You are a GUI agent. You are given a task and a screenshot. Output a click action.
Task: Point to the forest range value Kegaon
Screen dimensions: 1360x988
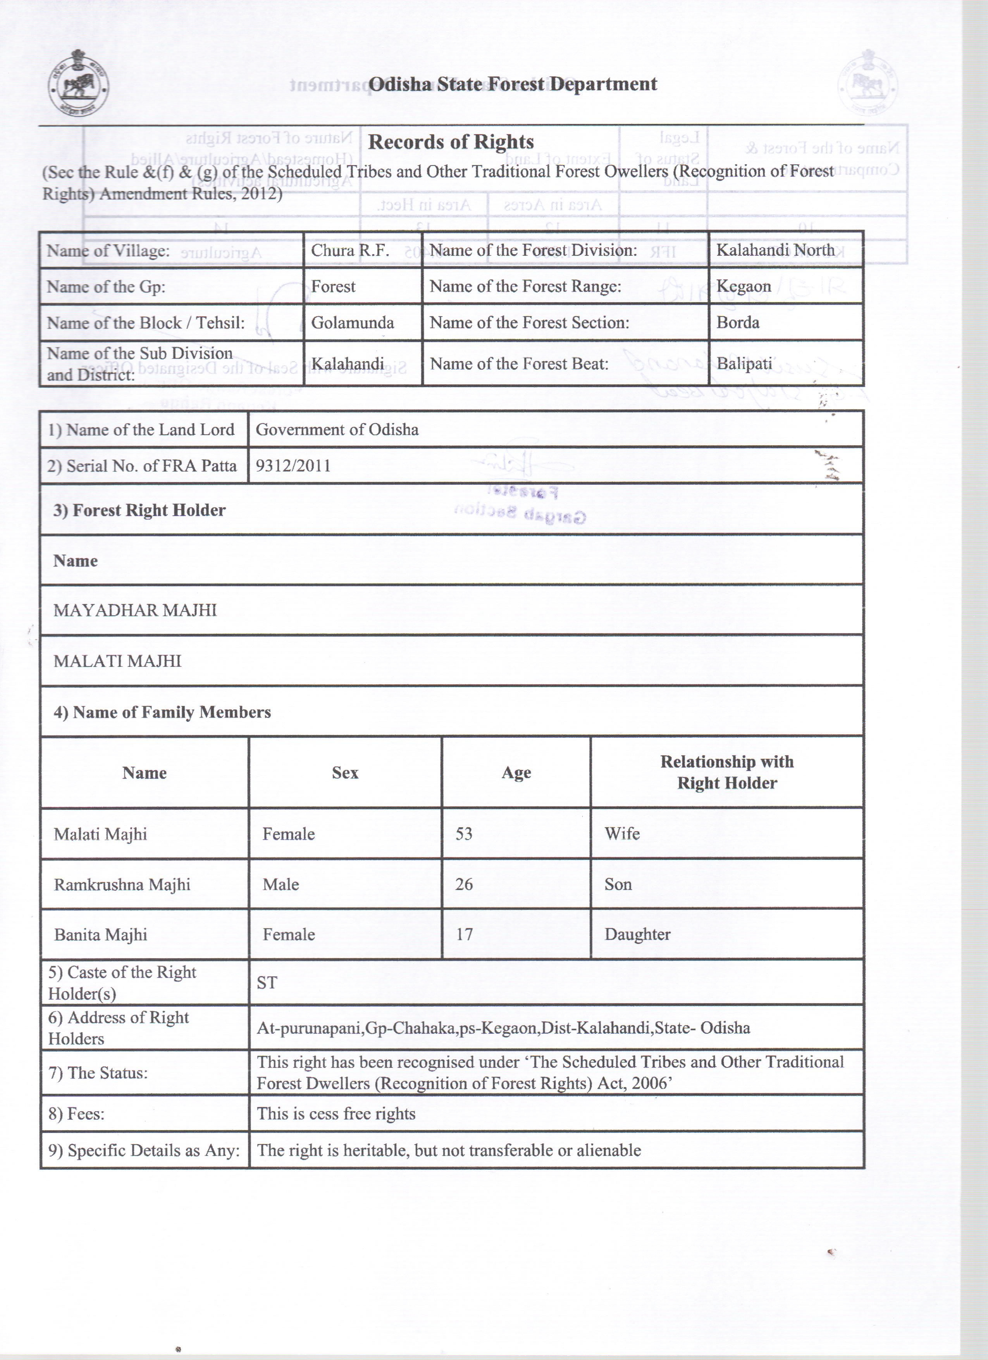coord(744,287)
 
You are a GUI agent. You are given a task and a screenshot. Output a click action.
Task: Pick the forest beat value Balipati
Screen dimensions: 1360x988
coord(744,364)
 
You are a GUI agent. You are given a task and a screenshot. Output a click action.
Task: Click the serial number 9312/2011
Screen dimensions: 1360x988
coord(293,466)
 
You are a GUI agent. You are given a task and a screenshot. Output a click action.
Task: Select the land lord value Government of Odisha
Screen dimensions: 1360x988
coord(337,429)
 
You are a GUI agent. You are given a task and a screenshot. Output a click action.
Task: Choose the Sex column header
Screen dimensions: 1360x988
coord(345,773)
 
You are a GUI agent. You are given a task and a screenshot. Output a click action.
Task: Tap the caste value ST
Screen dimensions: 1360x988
coord(267,983)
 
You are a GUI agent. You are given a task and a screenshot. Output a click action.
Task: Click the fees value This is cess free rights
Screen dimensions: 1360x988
coord(336,1114)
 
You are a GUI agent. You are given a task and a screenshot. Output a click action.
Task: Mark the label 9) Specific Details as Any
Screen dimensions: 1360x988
coord(144,1150)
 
